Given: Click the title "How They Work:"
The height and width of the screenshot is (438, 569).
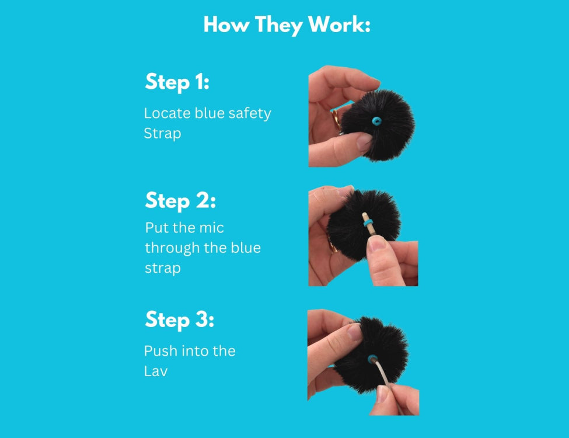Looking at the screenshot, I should [x=287, y=25].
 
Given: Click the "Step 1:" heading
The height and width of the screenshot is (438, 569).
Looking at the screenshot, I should [x=177, y=82].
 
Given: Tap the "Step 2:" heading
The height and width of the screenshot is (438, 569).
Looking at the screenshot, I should [x=180, y=201].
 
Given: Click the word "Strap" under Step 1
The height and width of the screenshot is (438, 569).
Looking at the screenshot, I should [x=162, y=133].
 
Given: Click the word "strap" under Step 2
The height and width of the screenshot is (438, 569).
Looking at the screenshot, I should [x=162, y=268].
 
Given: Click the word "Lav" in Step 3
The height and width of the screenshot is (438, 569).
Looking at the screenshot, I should [x=155, y=371].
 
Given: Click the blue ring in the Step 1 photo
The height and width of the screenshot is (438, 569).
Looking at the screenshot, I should [x=377, y=121].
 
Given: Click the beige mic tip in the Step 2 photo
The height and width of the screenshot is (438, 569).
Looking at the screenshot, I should [x=364, y=215].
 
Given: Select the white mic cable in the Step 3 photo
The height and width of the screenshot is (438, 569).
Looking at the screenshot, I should [x=386, y=380].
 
